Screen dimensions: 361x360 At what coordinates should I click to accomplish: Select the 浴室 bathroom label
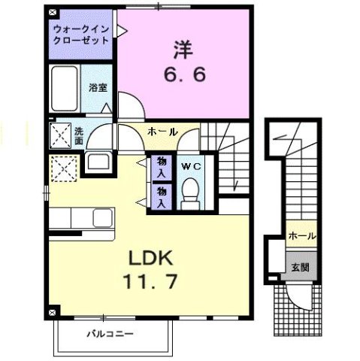[98, 87]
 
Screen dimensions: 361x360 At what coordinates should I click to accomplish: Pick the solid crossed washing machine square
[60, 135]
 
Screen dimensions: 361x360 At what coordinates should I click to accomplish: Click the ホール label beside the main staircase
[162, 132]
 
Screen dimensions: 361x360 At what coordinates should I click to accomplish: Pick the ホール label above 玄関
[301, 235]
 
